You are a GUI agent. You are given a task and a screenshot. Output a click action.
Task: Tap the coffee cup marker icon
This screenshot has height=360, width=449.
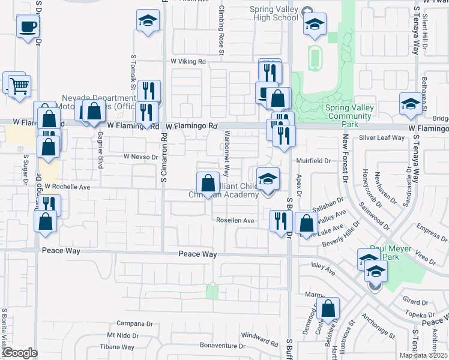(28, 27)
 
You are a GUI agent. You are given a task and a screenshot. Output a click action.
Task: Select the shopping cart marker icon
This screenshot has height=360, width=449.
(19, 86)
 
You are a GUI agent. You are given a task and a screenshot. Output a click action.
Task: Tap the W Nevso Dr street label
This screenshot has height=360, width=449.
(140, 156)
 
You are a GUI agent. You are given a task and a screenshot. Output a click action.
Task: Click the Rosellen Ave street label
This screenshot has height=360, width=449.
(236, 220)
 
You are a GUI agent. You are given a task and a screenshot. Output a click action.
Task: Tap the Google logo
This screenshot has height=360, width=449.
(19, 353)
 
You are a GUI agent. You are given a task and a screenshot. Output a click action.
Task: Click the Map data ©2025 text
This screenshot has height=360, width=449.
(424, 355)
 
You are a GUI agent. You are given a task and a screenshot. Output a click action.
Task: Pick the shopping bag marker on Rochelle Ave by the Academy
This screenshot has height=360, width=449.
(208, 184)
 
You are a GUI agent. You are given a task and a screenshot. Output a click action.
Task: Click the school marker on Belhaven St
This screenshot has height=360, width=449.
(411, 104)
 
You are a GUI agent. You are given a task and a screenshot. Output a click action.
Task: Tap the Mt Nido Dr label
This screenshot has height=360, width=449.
(123, 335)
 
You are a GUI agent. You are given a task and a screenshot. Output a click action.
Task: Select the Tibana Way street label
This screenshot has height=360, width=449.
(117, 347)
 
